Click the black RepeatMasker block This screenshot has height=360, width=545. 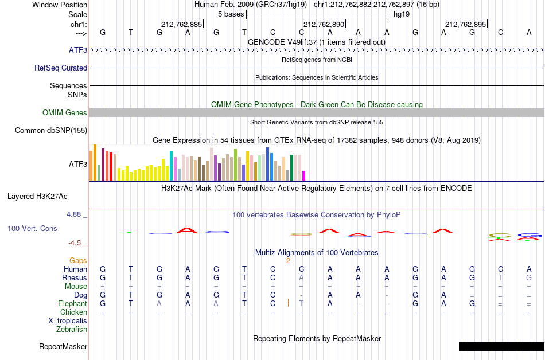tap(501, 346)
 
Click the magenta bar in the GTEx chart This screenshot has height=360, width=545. tap(304, 175)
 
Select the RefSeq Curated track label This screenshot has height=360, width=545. tap(61, 68)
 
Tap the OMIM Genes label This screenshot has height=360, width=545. tap(65, 112)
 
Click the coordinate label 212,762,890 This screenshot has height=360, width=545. tap(324, 24)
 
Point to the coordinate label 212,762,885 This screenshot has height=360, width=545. tap(181, 24)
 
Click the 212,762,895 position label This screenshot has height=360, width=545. tap(465, 24)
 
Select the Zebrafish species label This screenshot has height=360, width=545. tap(72, 329)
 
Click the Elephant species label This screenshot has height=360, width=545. tap(73, 303)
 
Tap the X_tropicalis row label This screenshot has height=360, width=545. tap(68, 321)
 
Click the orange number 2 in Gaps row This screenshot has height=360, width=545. tap(288, 260)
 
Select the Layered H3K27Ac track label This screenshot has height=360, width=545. tap(37, 197)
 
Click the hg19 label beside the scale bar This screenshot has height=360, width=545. tap(402, 14)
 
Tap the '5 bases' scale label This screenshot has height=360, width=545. tap(231, 14)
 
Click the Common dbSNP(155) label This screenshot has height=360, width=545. tap(51, 131)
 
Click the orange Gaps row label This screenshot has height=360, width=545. tap(78, 261)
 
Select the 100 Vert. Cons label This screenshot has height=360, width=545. tap(32, 228)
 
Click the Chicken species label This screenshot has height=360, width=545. tap(73, 312)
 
